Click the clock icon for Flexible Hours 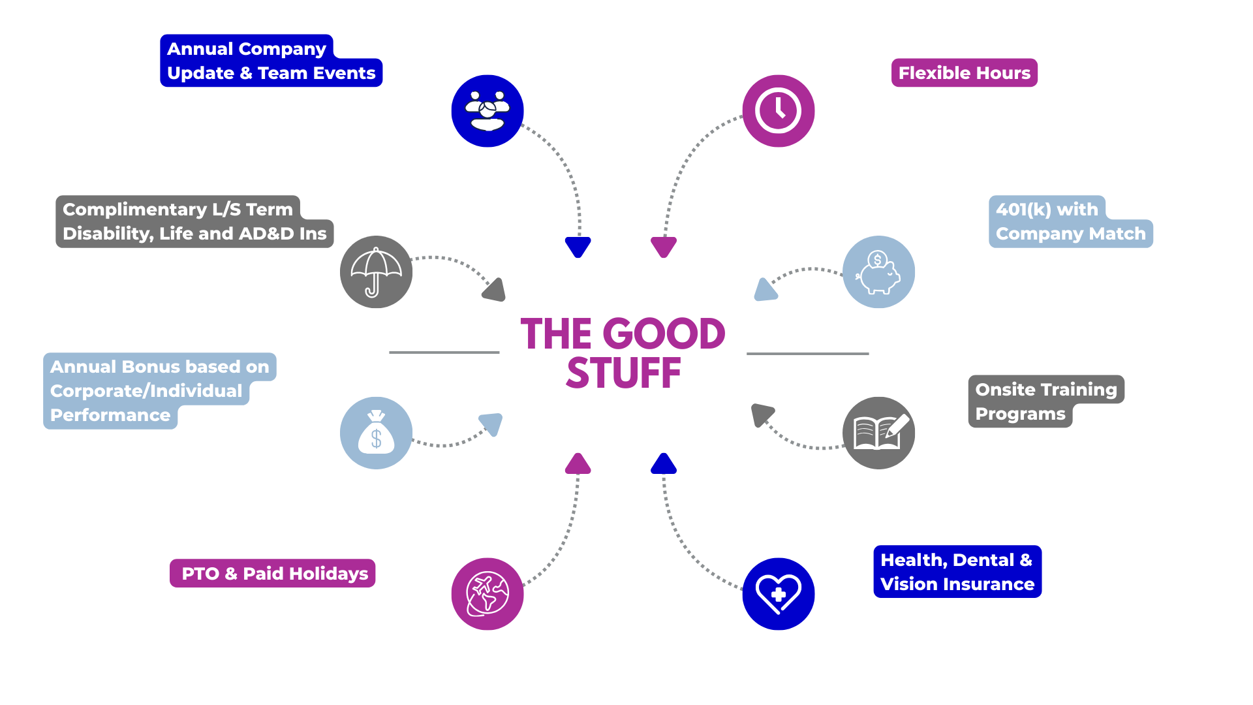(x=778, y=111)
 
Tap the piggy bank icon (x=878, y=272)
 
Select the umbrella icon (x=376, y=272)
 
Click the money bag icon (x=376, y=433)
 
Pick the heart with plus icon (x=778, y=594)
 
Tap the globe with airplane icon (x=487, y=594)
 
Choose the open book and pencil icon (x=878, y=433)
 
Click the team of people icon (x=487, y=111)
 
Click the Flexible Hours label (x=964, y=73)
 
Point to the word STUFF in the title (x=623, y=374)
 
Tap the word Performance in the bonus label (x=110, y=416)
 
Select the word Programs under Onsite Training (x=1020, y=415)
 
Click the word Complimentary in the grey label (x=134, y=210)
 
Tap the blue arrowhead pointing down (x=578, y=247)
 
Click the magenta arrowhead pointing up (x=578, y=464)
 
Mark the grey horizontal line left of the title (x=444, y=352)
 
